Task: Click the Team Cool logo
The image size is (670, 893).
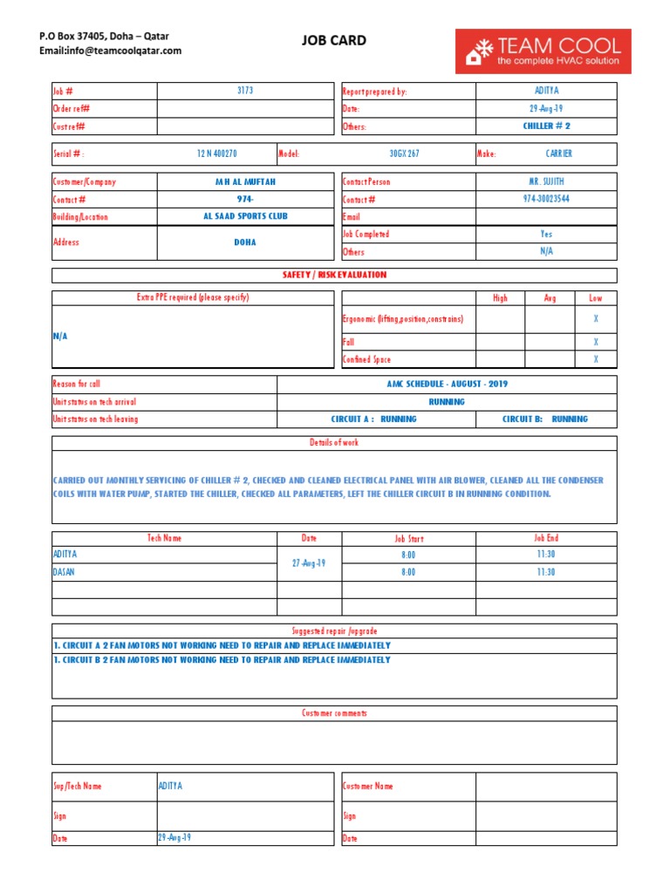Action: [x=543, y=51]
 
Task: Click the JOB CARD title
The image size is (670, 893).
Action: [x=334, y=40]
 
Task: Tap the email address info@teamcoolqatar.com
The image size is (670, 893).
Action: [x=111, y=51]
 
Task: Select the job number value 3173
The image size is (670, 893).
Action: [x=245, y=91]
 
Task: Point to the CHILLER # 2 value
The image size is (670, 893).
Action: [x=546, y=126]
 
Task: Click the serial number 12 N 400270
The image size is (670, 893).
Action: [x=216, y=154]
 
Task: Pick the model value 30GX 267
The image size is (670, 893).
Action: [x=404, y=154]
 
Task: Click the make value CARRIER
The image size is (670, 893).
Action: [x=558, y=154]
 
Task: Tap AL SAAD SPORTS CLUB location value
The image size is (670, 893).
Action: [x=245, y=216]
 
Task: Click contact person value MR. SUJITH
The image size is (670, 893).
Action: [x=546, y=182]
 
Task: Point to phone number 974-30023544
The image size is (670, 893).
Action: [x=546, y=199]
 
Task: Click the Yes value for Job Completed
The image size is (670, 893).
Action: [x=546, y=234]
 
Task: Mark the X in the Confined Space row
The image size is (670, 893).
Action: [x=596, y=359]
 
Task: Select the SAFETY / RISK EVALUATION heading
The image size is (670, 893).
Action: [x=334, y=276]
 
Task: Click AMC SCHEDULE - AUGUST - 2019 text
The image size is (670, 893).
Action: [x=447, y=384]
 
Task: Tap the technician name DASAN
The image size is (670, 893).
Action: [x=65, y=572]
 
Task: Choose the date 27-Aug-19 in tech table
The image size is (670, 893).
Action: [x=309, y=563]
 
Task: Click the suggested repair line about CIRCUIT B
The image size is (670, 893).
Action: [x=222, y=660]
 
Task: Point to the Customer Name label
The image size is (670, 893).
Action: [x=368, y=786]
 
